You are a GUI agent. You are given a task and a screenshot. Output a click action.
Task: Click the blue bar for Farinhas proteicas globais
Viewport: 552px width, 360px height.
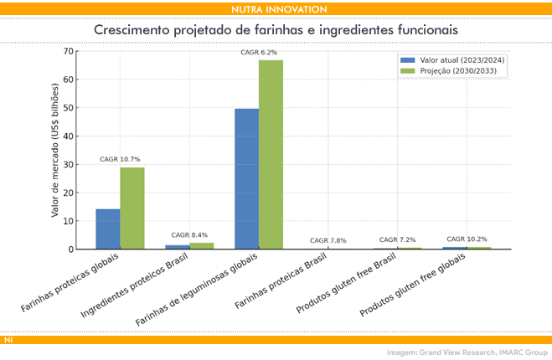click(x=107, y=229)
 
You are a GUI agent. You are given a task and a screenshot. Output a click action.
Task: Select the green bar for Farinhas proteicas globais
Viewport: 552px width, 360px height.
click(x=132, y=208)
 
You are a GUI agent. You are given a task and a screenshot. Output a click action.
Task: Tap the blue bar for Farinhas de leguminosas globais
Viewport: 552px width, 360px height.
click(x=246, y=178)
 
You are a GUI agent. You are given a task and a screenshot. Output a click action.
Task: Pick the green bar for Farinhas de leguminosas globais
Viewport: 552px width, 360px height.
click(x=271, y=155)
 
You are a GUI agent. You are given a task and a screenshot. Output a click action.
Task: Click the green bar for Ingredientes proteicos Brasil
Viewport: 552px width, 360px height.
click(x=201, y=246)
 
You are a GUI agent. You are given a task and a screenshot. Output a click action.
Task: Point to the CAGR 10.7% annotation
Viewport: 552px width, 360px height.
click(x=120, y=159)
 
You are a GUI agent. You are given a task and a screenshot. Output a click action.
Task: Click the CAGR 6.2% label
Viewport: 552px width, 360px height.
click(x=259, y=52)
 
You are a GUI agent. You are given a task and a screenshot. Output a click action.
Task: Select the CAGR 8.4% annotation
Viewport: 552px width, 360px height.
click(x=189, y=235)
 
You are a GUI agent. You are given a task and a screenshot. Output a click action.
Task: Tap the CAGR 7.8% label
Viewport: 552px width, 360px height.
click(x=328, y=240)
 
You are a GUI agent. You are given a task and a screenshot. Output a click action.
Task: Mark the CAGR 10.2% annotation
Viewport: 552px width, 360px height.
click(x=467, y=239)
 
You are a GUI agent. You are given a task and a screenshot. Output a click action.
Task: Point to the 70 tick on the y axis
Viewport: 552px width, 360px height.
click(x=69, y=51)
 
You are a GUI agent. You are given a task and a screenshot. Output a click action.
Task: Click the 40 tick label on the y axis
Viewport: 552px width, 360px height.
click(x=69, y=136)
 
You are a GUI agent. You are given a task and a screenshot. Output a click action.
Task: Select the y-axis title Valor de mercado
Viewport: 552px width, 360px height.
click(x=55, y=151)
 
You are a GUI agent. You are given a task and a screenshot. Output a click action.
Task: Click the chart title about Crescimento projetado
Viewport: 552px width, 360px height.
click(x=276, y=29)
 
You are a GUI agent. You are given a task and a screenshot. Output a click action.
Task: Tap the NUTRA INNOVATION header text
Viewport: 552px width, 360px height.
click(x=276, y=8)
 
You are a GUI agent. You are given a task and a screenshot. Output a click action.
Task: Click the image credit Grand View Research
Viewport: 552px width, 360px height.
click(x=465, y=352)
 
